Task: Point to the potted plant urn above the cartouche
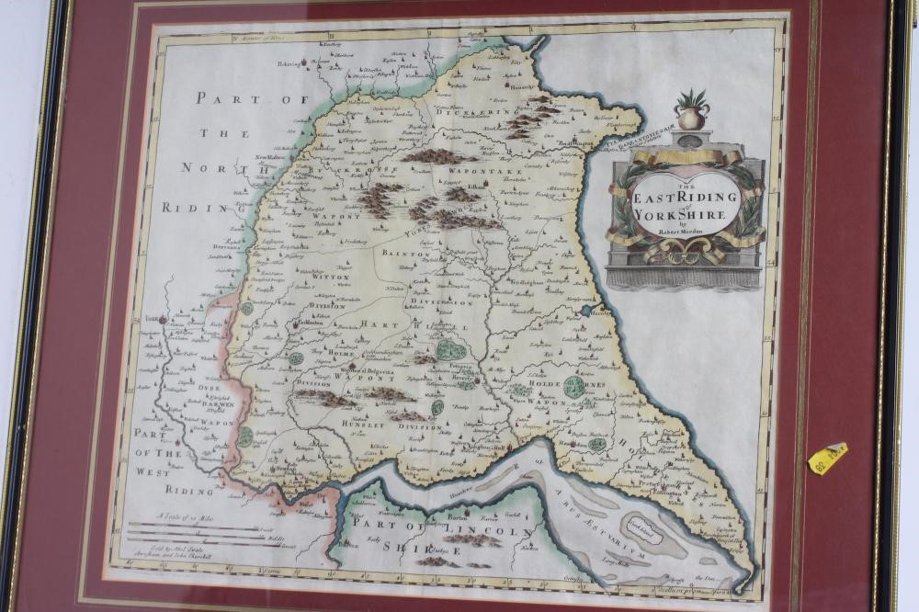[x=692, y=110]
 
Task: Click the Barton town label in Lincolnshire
[x=459, y=516]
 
